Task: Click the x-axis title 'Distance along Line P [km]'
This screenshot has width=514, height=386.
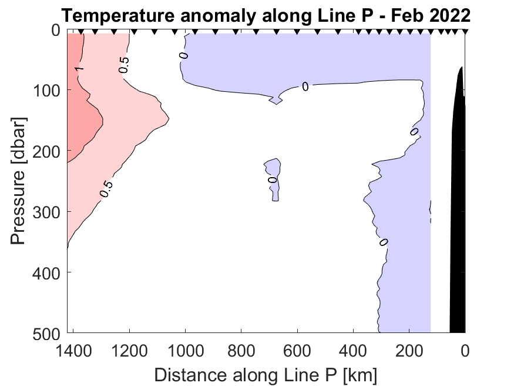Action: pos(266,374)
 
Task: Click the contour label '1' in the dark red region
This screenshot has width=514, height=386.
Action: pos(79,69)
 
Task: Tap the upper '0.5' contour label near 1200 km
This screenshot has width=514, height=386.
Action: pos(125,65)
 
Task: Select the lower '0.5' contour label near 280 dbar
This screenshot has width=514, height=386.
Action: pos(106,188)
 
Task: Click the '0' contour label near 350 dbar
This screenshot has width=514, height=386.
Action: pos(384,242)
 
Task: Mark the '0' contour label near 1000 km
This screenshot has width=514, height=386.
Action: pos(184,55)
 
